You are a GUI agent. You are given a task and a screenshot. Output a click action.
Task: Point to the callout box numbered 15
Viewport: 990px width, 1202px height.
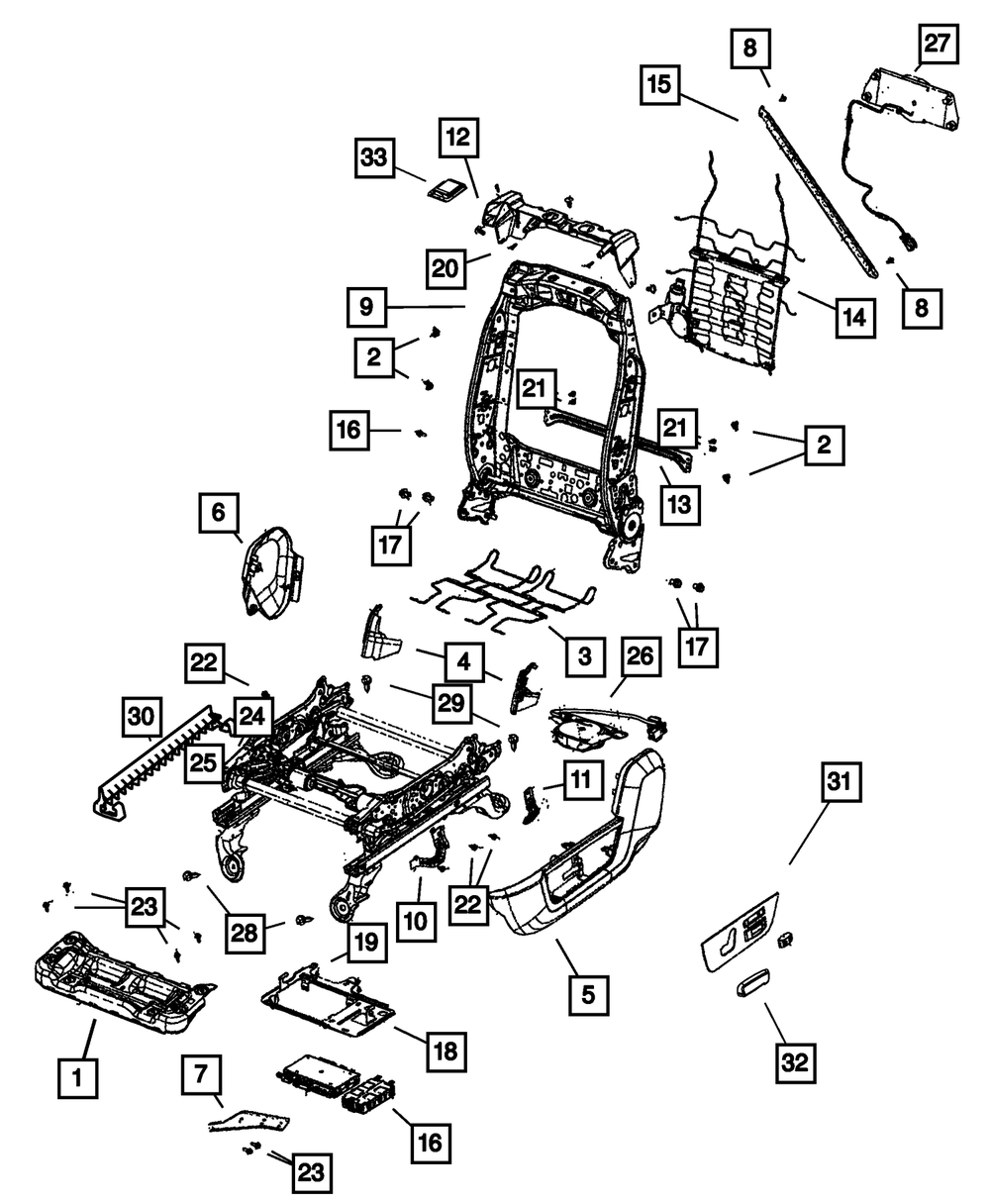(660, 84)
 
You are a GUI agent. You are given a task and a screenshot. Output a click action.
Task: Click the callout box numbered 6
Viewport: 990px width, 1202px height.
(218, 513)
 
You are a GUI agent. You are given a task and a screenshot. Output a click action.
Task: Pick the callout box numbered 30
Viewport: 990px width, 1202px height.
(201, 1076)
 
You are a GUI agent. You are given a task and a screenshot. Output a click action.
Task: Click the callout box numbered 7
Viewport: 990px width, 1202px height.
(201, 1076)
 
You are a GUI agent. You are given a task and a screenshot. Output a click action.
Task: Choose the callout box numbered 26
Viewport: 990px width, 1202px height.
(641, 658)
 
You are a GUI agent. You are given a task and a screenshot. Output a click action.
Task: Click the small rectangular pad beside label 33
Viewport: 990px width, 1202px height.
(448, 190)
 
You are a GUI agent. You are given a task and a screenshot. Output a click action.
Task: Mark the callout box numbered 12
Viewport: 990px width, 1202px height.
(461, 143)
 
